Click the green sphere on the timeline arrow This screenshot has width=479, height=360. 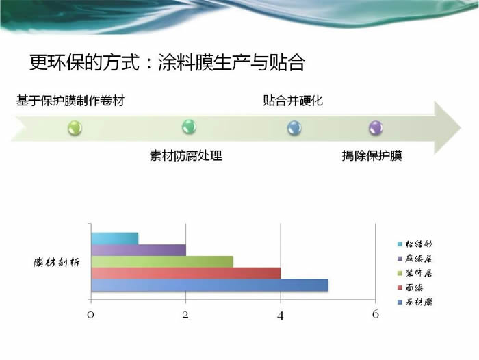(x=75, y=127)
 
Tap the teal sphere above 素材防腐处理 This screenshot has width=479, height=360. (x=189, y=127)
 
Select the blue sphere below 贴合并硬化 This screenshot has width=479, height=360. (x=294, y=128)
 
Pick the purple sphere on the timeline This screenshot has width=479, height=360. (x=376, y=128)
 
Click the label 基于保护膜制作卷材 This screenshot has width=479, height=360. (x=70, y=101)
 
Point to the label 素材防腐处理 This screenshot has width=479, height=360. (x=185, y=155)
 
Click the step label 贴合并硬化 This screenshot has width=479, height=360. (x=293, y=101)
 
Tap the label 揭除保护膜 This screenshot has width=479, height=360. (x=372, y=155)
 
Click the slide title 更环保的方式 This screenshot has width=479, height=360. (x=85, y=63)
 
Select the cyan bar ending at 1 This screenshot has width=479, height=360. (x=115, y=239)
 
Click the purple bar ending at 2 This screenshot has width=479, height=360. (x=138, y=250)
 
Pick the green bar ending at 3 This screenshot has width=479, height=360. (x=162, y=262)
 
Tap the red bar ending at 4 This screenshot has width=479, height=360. (x=185, y=274)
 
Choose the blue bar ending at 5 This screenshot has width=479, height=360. (x=210, y=285)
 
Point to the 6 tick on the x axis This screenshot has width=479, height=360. (x=376, y=314)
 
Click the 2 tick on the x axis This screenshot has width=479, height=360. (x=185, y=314)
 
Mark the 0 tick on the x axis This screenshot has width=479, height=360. (x=90, y=314)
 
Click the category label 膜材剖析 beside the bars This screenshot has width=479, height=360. (x=57, y=262)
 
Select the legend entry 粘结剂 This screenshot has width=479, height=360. (x=415, y=244)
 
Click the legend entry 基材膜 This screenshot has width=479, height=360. (x=415, y=302)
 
